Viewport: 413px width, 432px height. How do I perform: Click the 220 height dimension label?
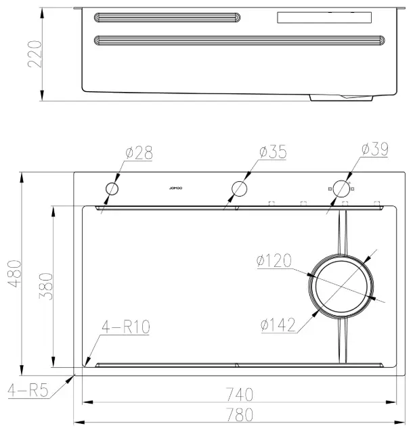[x=35, y=54]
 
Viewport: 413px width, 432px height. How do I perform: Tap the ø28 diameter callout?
[x=139, y=153]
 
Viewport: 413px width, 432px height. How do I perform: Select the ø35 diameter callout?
[x=273, y=151]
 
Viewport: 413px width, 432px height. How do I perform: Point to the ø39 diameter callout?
[x=375, y=149]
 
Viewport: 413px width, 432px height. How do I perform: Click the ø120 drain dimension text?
[x=274, y=260]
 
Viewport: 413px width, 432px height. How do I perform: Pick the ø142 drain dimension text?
[x=278, y=325]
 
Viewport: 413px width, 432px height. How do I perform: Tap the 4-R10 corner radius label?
[x=126, y=327]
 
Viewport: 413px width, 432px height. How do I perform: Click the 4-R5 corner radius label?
[x=28, y=390]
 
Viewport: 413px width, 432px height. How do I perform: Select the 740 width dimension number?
[x=240, y=394]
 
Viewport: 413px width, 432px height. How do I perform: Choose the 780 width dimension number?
[x=240, y=414]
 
